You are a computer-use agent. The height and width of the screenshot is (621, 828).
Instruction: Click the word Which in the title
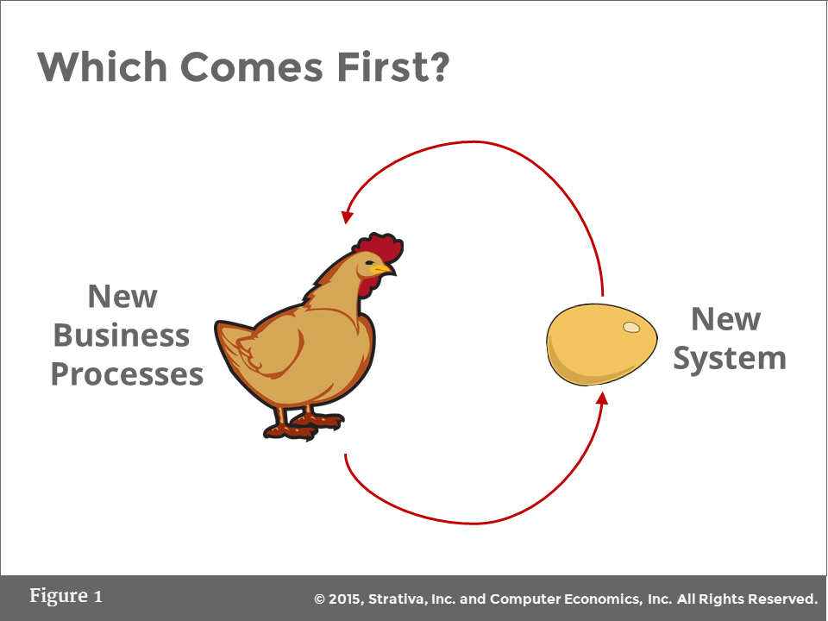point(95,67)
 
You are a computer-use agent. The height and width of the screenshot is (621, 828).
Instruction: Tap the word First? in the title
point(394,67)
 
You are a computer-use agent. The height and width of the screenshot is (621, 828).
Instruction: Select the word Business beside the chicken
point(122,336)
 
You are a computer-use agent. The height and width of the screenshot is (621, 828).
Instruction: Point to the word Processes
point(127,374)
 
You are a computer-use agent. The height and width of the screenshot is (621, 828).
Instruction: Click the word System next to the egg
point(730,358)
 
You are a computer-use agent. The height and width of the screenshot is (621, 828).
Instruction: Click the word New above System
point(725,319)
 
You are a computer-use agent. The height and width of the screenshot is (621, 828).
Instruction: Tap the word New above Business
point(122,297)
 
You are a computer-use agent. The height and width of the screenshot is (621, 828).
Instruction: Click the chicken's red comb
point(380,248)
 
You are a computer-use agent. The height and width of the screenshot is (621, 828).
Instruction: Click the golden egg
point(601,343)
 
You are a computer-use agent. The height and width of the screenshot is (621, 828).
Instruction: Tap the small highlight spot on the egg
point(631,327)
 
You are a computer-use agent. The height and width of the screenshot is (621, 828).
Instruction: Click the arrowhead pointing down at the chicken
point(348,216)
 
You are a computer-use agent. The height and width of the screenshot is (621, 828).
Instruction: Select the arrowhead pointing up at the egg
point(602,397)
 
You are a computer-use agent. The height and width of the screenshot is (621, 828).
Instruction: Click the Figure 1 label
point(66,596)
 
